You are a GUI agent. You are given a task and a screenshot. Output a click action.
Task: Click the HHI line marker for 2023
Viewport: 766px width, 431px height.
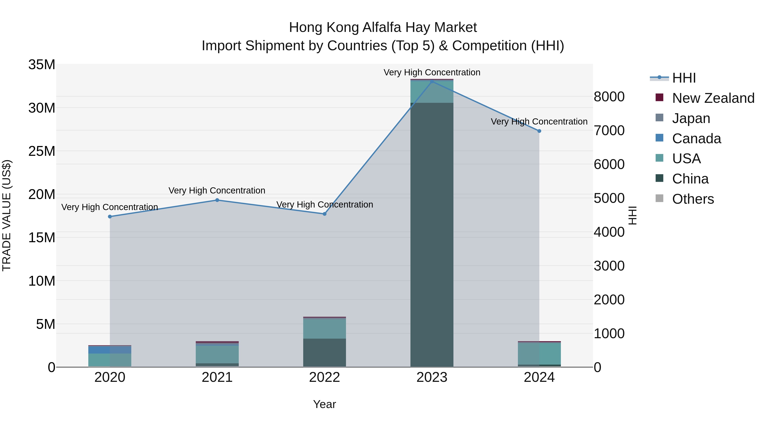432,82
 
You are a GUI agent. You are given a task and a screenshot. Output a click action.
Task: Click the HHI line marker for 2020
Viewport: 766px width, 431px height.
110,216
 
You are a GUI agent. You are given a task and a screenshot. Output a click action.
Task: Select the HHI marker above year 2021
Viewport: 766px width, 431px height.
217,200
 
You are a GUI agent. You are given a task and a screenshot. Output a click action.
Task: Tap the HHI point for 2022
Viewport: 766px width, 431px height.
324,214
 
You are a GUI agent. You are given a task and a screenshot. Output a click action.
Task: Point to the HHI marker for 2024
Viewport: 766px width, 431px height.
539,131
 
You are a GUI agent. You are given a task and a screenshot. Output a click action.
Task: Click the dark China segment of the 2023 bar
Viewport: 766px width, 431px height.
432,235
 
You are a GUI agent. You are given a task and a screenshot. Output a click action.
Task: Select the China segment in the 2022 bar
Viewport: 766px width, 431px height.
324,352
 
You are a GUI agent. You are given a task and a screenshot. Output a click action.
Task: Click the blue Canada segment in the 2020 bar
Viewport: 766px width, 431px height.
110,349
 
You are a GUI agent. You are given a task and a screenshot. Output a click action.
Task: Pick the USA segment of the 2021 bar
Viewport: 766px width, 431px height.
217,354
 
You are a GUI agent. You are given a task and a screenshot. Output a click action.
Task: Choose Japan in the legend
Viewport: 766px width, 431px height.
691,118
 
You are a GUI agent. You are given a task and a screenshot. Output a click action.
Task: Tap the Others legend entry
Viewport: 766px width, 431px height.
693,199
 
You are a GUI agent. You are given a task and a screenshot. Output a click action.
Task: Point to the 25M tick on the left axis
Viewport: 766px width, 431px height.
42,151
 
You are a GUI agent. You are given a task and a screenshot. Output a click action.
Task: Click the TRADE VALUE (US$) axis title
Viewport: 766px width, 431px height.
7,215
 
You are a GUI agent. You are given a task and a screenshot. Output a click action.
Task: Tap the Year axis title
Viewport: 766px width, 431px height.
324,404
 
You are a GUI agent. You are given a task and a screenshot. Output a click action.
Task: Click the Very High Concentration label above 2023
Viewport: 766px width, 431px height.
432,72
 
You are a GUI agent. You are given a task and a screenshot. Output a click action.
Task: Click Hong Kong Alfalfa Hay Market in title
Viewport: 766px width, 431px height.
383,27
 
